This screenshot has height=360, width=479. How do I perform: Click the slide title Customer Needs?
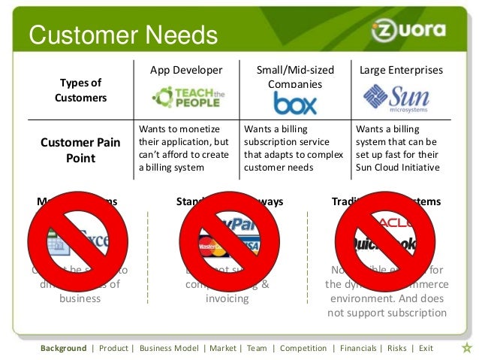(x=122, y=35)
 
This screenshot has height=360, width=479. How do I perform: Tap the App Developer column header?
(x=186, y=71)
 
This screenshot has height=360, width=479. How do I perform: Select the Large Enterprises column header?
(x=402, y=71)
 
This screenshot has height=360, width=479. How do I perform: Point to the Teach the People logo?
(x=186, y=98)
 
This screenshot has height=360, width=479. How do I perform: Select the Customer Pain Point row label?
(x=81, y=150)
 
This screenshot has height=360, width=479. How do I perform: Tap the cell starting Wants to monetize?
(x=185, y=147)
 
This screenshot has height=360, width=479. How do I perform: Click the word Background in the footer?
(x=64, y=349)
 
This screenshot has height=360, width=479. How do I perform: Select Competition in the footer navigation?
(x=303, y=349)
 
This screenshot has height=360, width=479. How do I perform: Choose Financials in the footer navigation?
(x=358, y=349)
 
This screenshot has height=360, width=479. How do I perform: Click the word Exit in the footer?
(x=426, y=349)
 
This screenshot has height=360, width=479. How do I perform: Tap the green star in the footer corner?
(x=466, y=348)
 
